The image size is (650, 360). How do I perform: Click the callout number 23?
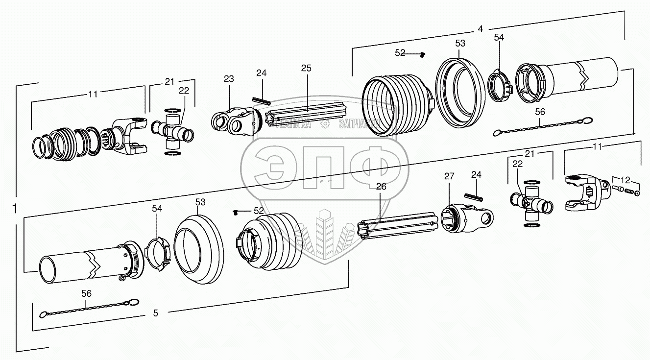[229, 79]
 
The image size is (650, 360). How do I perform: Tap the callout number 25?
[306, 68]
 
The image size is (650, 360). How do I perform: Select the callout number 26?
[381, 186]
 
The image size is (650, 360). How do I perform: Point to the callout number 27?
[450, 176]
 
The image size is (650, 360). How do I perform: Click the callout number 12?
[625, 180]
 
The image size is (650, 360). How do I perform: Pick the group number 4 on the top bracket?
[480, 29]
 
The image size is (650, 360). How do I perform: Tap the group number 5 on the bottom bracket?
[156, 313]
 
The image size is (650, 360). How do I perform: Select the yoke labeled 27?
[465, 219]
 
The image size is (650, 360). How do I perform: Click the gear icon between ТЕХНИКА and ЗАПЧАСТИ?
[324, 124]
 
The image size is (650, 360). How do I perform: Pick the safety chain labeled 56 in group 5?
[88, 309]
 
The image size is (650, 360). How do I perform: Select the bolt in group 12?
[619, 189]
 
